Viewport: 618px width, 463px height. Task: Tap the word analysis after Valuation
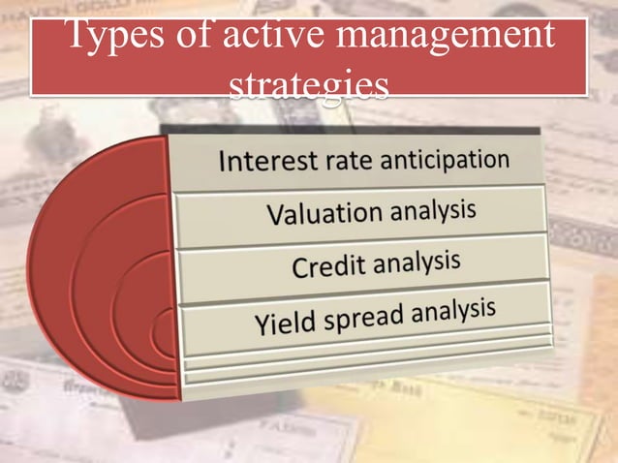point(432,208)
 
